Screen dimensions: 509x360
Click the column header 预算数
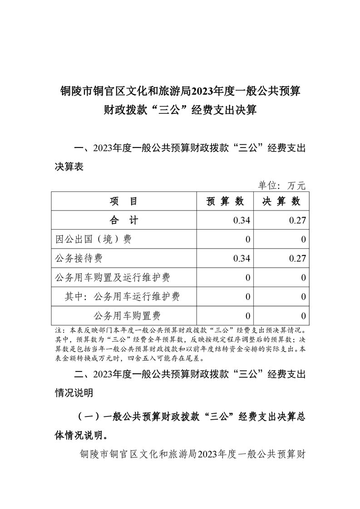coord(225,201)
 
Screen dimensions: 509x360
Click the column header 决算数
coord(281,201)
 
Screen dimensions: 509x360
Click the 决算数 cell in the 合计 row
coord(297,220)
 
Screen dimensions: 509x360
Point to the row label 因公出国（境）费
coord(93,240)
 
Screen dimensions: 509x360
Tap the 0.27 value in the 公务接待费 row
coord(297,259)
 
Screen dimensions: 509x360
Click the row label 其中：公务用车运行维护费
coord(122,297)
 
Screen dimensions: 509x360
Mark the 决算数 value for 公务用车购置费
coord(303,316)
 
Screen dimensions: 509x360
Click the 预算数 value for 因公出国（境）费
coord(247,240)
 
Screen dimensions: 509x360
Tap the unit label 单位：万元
coord(282,185)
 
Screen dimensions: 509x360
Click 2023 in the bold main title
coord(204,91)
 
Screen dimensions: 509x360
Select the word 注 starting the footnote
coord(58,330)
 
